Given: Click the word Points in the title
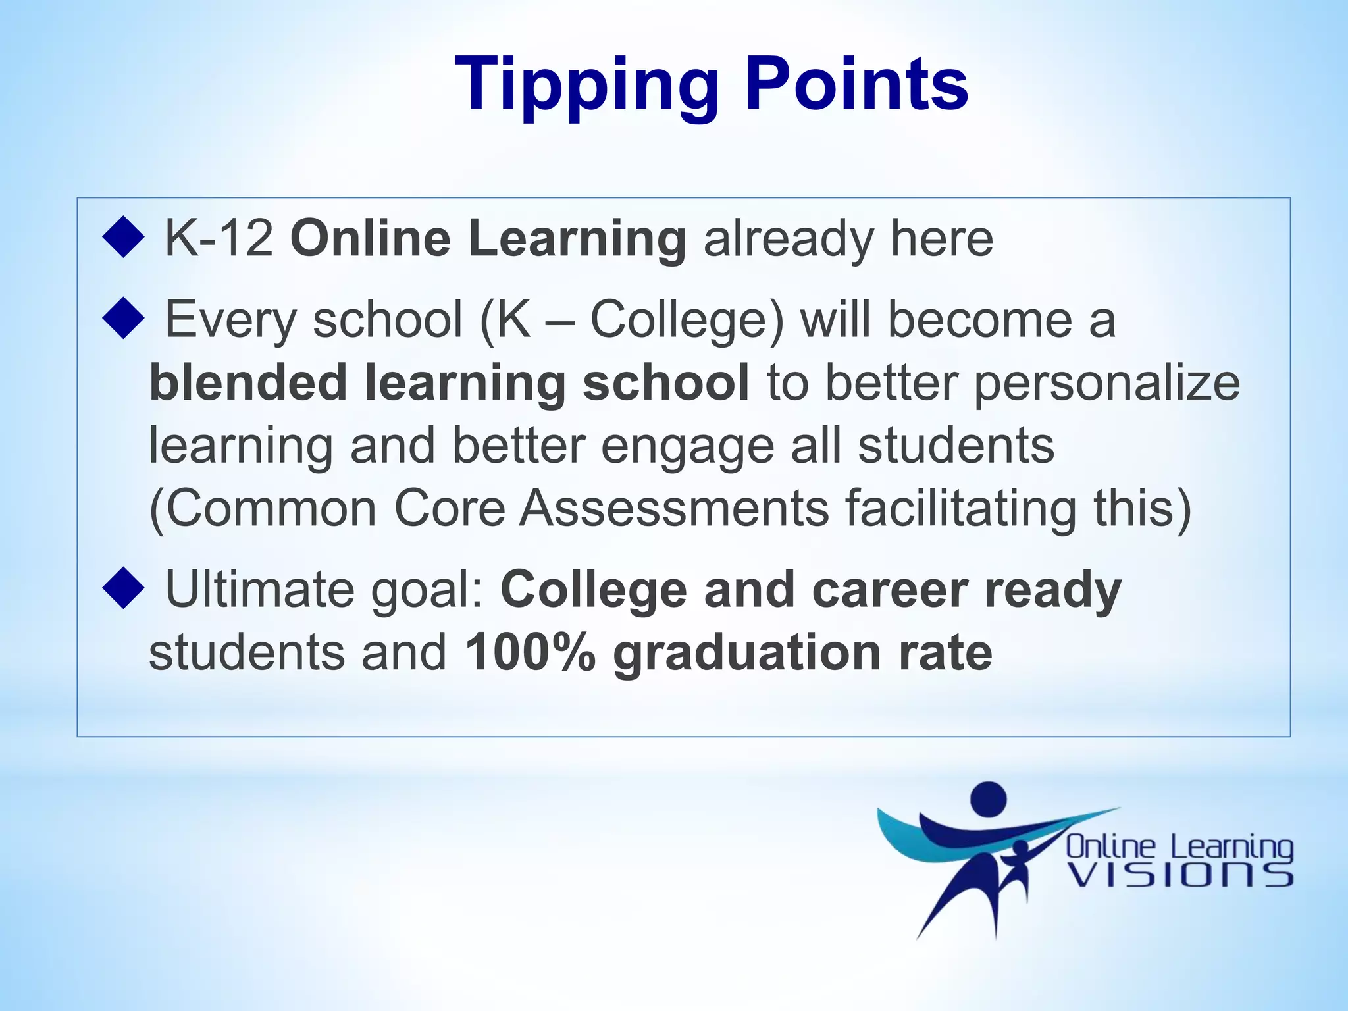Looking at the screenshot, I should click(856, 84).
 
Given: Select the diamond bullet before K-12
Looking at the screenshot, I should click(123, 238).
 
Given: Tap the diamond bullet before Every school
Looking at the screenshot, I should click(123, 319).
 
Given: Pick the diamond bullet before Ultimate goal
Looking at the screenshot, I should click(123, 588).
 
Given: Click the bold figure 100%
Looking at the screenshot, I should click(530, 652).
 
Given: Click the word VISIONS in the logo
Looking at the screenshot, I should click(1179, 875).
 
